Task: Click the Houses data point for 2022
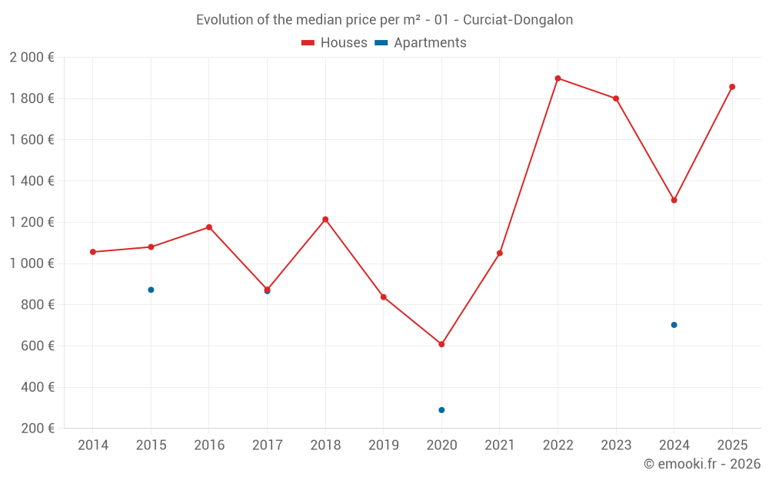click(558, 78)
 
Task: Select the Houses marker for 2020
click(441, 344)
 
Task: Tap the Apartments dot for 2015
click(151, 290)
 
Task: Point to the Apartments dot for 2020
click(441, 410)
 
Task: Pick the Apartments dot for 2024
click(674, 325)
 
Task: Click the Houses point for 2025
click(732, 87)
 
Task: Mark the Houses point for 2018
click(325, 220)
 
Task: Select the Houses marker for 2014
click(93, 252)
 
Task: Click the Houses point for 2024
click(674, 200)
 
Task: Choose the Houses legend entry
click(335, 43)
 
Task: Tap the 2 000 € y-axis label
click(32, 58)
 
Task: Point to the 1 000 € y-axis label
click(32, 263)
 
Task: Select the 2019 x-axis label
click(384, 445)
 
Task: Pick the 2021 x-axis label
click(500, 445)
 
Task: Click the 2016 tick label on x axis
click(209, 445)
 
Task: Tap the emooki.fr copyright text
click(701, 464)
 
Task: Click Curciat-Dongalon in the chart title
click(518, 20)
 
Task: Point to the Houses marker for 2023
click(616, 98)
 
